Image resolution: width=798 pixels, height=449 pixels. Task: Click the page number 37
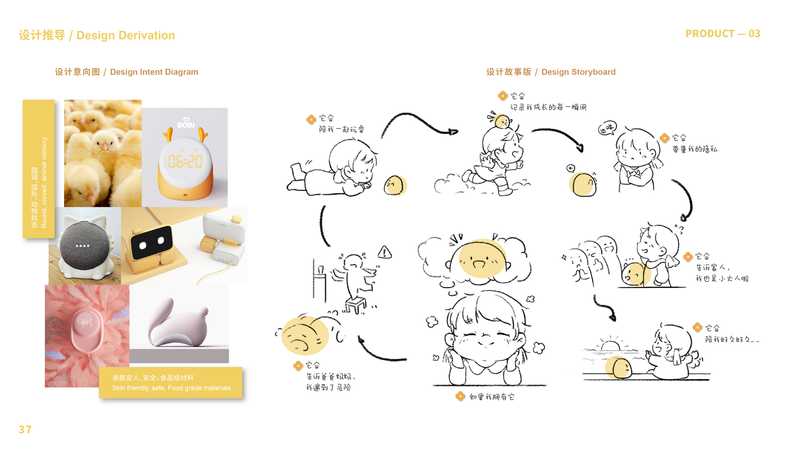[25, 429]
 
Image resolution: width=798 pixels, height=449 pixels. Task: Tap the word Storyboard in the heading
[594, 72]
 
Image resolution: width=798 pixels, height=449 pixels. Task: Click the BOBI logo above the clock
[186, 124]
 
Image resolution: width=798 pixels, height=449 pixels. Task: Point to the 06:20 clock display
[185, 161]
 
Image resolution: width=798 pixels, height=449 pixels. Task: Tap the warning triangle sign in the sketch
[385, 252]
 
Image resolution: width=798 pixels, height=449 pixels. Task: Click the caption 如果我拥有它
[492, 397]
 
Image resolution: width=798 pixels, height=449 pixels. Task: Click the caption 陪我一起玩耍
[341, 129]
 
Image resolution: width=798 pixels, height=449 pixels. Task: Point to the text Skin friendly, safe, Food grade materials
[171, 388]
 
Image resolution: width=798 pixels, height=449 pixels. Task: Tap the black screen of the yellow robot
[152, 242]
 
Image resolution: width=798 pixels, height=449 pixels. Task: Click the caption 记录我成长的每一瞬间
[548, 107]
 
